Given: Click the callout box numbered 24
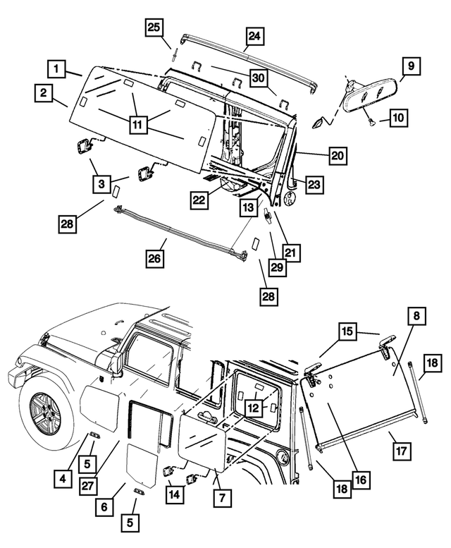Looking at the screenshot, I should pyautogui.click(x=254, y=37).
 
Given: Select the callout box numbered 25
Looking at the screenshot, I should pyautogui.click(x=154, y=28).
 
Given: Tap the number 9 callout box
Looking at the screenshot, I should pyautogui.click(x=409, y=67).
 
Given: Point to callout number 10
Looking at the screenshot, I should pyautogui.click(x=397, y=118).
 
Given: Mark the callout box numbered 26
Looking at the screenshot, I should pyautogui.click(x=155, y=260).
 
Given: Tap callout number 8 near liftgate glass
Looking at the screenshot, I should pyautogui.click(x=416, y=317).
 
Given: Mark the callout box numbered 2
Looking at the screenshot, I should pyautogui.click(x=44, y=93).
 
